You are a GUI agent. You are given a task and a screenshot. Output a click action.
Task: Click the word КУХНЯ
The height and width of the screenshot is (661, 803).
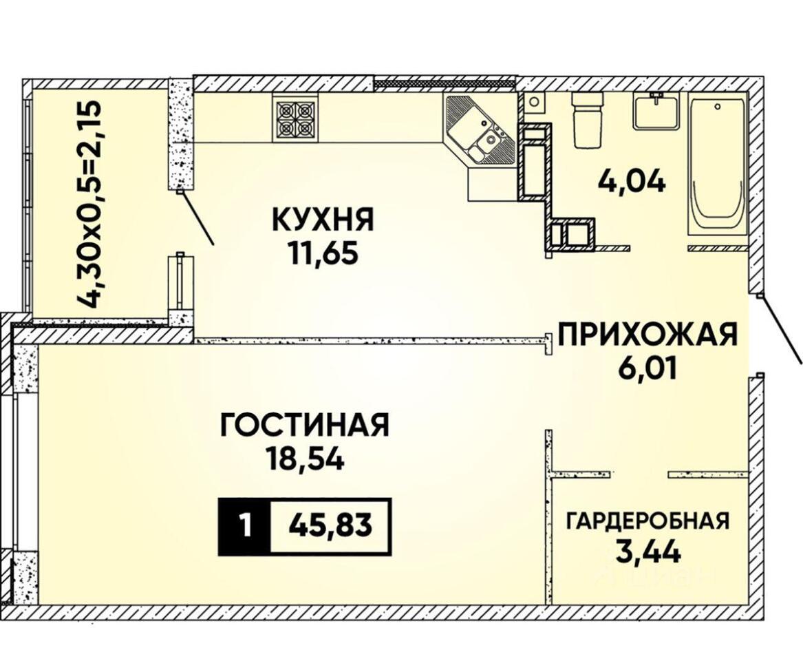[x=323, y=220]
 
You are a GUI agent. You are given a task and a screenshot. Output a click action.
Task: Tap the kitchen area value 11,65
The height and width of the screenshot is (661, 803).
[x=323, y=253]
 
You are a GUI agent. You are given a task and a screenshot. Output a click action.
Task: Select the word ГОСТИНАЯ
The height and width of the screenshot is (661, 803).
[x=305, y=425]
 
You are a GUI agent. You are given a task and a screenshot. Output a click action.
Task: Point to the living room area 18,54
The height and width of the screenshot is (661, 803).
[x=304, y=458]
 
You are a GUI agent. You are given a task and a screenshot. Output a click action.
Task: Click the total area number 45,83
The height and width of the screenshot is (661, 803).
[x=330, y=526]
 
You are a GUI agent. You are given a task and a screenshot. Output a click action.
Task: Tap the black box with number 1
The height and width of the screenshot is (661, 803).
[x=244, y=526]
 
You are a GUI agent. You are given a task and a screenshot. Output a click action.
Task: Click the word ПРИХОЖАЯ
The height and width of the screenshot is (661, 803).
[x=647, y=335]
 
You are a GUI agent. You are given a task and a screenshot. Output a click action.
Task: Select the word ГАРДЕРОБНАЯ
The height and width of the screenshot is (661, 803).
[x=647, y=521]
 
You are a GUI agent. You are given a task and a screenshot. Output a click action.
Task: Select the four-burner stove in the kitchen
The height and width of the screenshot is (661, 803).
[x=295, y=119]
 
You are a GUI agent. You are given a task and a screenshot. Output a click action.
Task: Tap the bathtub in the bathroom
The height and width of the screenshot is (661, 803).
[x=716, y=167]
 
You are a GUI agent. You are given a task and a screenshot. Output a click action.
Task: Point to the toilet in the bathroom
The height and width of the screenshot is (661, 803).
[x=587, y=120]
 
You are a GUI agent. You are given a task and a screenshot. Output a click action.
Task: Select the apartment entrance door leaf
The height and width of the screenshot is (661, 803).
[x=780, y=328]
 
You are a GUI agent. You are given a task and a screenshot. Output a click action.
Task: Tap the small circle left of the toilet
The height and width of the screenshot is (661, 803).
[x=534, y=102]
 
